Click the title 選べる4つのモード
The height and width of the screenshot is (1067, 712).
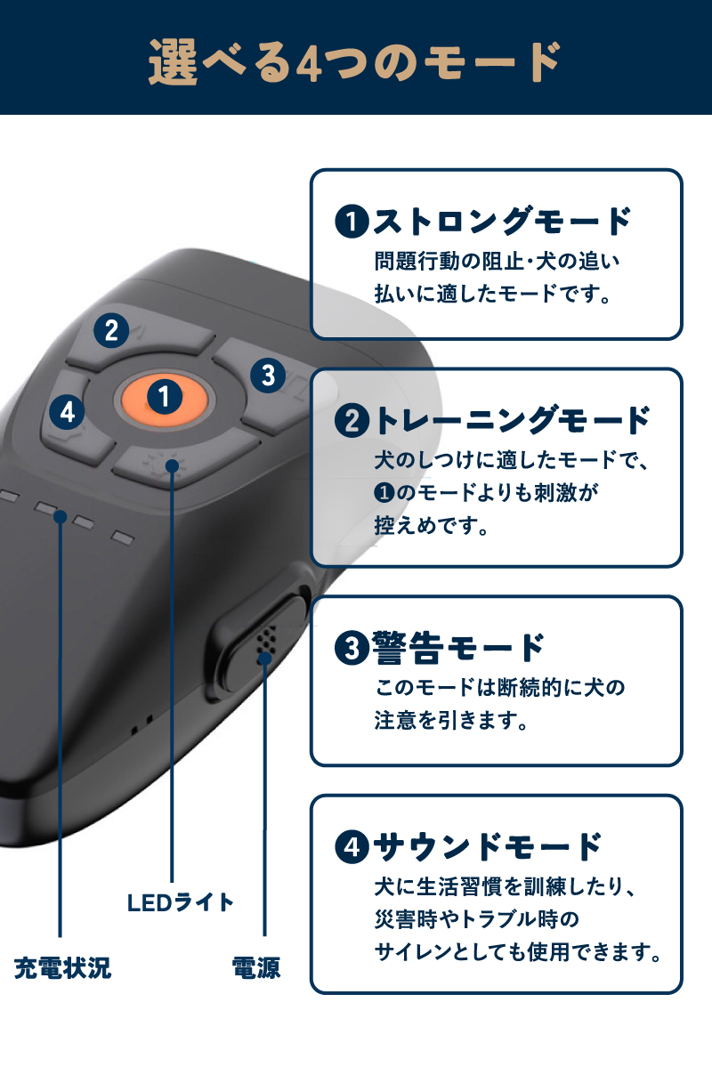355,61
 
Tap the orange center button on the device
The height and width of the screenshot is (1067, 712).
164,397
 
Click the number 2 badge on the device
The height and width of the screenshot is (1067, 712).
110,331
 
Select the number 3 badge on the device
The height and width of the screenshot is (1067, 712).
267,374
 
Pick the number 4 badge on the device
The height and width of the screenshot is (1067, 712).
68,412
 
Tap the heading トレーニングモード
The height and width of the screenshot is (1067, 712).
513,420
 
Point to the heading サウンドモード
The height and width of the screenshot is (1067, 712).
488,846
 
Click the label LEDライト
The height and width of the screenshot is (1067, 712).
180,902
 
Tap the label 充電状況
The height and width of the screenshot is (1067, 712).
63,968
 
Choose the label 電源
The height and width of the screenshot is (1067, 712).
256,968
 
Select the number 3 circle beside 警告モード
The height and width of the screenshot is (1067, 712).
352,648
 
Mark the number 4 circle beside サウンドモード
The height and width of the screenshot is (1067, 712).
352,847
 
